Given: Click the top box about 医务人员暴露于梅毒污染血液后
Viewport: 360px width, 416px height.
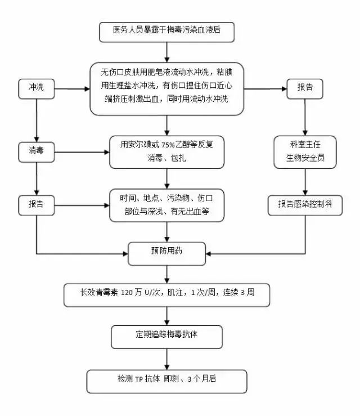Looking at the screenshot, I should click(166, 32).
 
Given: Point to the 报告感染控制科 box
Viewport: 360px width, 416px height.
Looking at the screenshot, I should click(305, 204).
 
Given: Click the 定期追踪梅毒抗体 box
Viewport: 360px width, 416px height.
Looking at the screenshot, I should click(167, 336).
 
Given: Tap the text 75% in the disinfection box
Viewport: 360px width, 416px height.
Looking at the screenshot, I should click(169, 145).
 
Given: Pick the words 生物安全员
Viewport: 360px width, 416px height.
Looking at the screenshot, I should click(305, 158).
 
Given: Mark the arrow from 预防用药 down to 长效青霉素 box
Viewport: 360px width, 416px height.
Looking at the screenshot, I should click(167, 274).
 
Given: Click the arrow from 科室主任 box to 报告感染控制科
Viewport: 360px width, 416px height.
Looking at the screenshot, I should click(305, 182).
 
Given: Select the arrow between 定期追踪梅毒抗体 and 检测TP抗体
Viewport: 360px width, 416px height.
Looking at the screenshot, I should click(167, 359).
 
